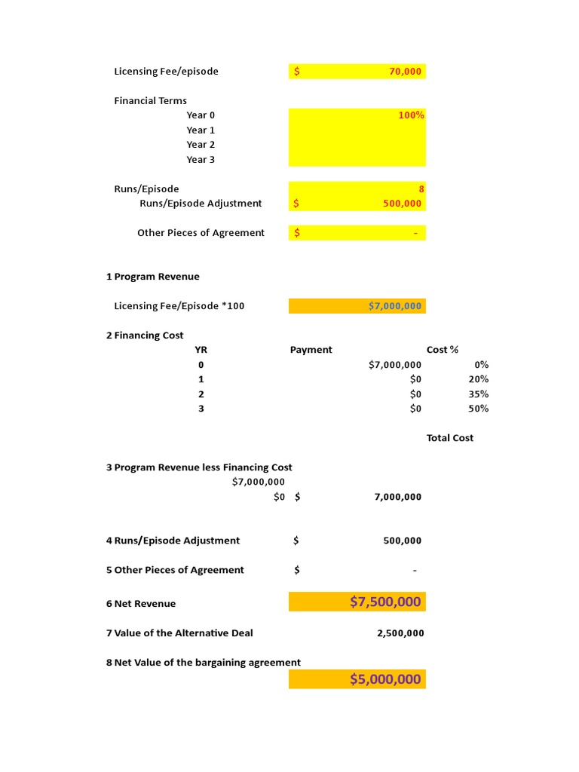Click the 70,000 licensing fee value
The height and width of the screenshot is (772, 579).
coord(406,72)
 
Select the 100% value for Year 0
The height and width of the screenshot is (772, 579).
coord(412,115)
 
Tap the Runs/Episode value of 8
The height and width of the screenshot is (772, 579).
coord(421,189)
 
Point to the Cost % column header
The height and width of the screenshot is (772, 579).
coord(443,350)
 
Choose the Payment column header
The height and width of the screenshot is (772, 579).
coord(311,350)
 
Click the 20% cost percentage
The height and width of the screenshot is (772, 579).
coord(478,379)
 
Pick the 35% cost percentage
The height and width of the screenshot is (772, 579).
coord(478,394)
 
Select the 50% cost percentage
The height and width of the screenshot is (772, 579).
coord(478,409)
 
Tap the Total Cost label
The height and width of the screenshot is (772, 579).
coord(450,438)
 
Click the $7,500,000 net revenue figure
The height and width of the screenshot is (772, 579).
coord(385,602)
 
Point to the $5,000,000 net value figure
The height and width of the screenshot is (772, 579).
coord(385,679)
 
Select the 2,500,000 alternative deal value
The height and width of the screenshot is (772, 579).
coord(400,633)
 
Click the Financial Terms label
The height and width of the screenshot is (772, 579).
coord(151,101)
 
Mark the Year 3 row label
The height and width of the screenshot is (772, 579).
coord(201,160)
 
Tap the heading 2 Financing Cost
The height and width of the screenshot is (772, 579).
coord(145,335)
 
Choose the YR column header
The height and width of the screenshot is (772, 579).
coord(201,350)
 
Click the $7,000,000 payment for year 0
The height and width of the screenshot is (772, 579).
coord(395,365)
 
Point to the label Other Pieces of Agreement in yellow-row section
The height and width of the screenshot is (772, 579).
coord(201,233)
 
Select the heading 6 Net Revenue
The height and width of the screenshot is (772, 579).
coord(141,604)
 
